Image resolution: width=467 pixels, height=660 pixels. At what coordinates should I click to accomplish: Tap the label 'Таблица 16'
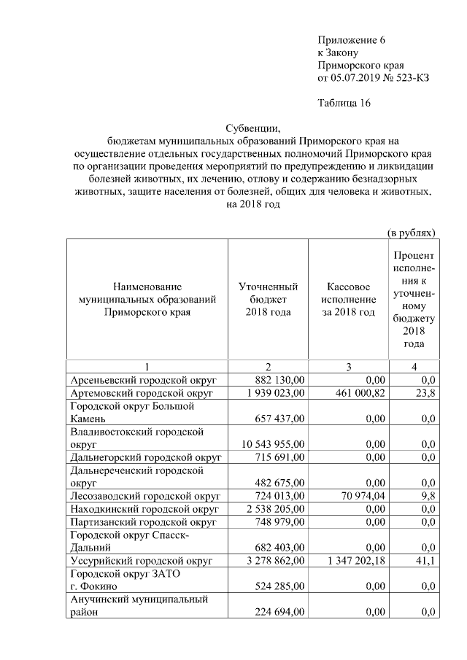[x=344, y=103]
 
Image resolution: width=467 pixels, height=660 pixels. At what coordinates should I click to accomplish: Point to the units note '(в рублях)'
[x=411, y=233]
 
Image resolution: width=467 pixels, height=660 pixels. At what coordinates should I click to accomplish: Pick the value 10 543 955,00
[x=272, y=443]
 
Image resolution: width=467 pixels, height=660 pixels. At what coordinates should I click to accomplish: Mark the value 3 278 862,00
[x=275, y=561]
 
